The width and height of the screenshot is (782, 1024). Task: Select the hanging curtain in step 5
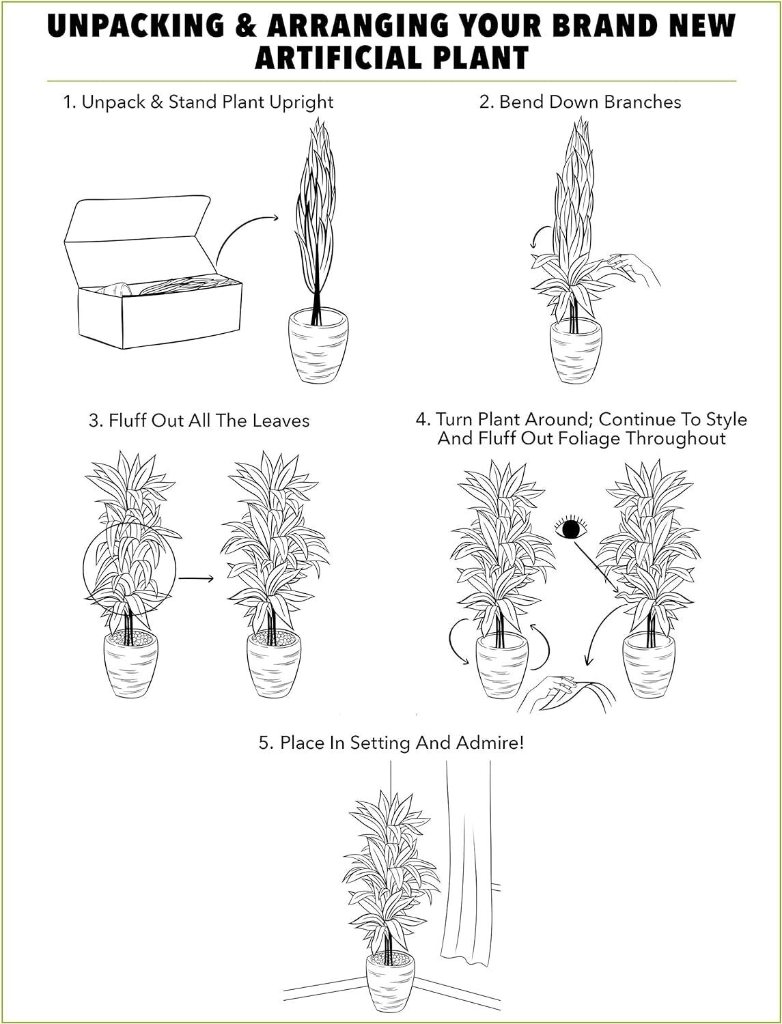tap(464, 867)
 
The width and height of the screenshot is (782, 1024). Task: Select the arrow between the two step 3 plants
tap(197, 578)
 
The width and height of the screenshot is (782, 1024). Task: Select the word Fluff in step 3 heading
tap(127, 421)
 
